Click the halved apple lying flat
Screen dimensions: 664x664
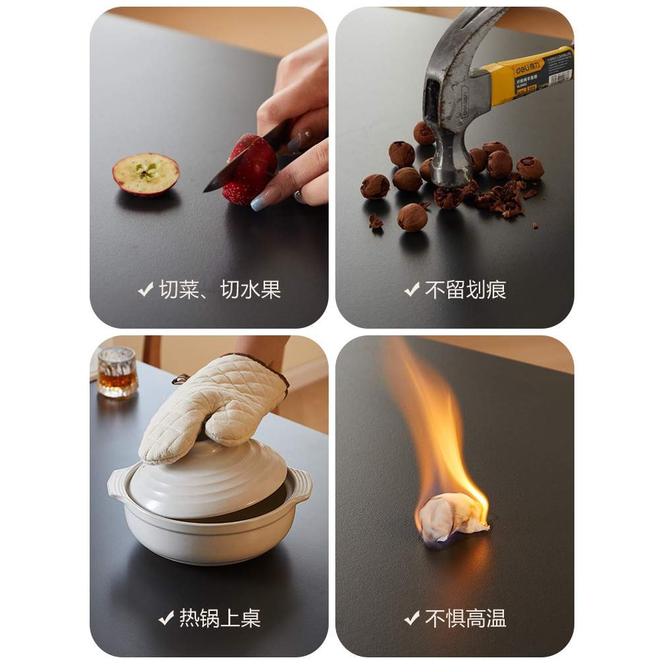point(145,174)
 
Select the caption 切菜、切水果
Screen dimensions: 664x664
point(220,290)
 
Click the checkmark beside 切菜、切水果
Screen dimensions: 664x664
point(145,290)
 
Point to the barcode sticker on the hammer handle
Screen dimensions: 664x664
point(560,76)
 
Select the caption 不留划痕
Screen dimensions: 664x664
point(465,290)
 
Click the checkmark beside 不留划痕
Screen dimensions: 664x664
point(412,290)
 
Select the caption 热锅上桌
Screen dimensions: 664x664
point(220,618)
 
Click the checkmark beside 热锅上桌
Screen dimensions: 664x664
point(166,618)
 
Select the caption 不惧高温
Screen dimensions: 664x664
point(465,618)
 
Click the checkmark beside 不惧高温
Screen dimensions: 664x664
point(412,618)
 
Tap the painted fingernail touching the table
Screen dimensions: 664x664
point(261,201)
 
